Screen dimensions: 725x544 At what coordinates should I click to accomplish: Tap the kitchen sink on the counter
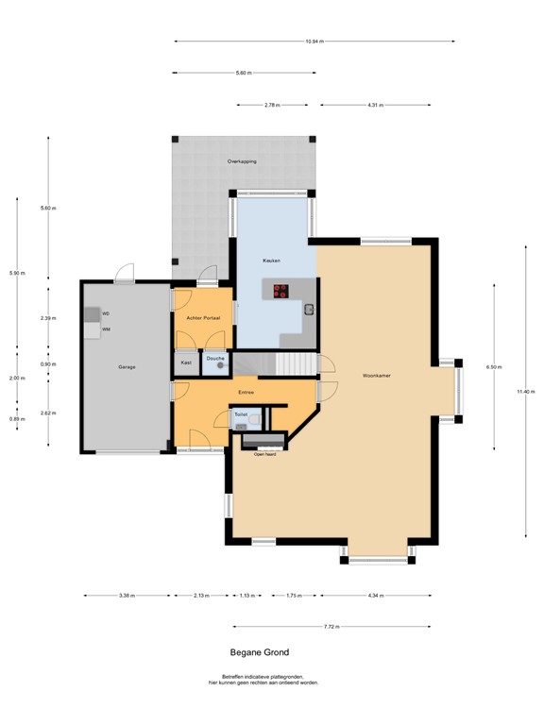pos(308,309)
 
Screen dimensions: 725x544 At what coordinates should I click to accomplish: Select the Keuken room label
pos(272,260)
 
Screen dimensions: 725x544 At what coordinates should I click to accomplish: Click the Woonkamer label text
pos(376,377)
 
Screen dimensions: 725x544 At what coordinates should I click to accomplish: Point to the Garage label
pos(126,366)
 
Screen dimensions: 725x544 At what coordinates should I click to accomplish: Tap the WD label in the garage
pos(106,312)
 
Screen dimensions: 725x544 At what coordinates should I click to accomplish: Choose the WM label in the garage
pos(106,329)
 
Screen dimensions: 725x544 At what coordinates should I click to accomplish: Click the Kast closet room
pos(186,362)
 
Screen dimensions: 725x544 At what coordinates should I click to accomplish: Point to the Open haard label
pos(264,454)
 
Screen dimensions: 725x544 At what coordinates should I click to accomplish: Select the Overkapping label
pos(242,161)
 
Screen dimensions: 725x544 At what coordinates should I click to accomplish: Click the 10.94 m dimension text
pos(314,41)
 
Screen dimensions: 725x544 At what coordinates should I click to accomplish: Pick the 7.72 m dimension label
pos(331,627)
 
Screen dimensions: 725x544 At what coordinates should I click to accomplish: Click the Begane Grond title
pos(260,652)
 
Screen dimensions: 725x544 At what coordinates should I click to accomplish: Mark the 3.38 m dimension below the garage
pos(127,596)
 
